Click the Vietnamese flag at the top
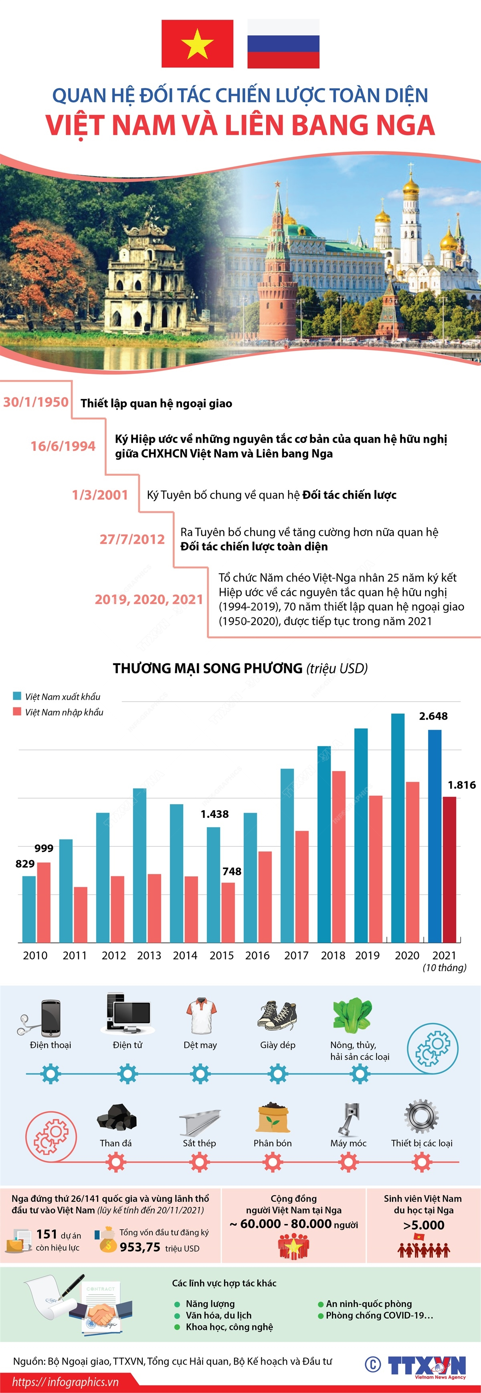coord(197,44)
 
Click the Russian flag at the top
coord(283,44)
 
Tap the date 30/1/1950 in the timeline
coord(36,402)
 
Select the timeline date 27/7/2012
coord(132,539)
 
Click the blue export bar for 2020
coord(398,827)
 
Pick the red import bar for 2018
coord(339,857)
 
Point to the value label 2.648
coord(433,716)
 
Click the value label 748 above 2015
coord(232,871)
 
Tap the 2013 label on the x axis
coord(149,955)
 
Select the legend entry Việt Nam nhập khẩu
coord(64,712)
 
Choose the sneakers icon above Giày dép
coord(277,1016)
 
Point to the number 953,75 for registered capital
coord(140,1247)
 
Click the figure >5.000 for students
coord(424,1225)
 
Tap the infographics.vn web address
coord(65,1382)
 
